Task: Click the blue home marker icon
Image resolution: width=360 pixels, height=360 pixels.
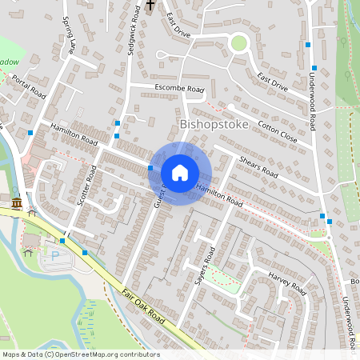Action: point(180,173)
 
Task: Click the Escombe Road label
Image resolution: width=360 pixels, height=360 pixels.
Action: point(179,88)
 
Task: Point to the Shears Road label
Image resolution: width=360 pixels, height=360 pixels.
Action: point(258,167)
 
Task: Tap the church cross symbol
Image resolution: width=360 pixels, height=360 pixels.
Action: point(150,6)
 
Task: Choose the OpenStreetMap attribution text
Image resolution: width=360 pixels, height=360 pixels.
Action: point(81,354)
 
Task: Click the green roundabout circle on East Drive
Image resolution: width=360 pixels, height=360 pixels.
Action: point(238,42)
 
